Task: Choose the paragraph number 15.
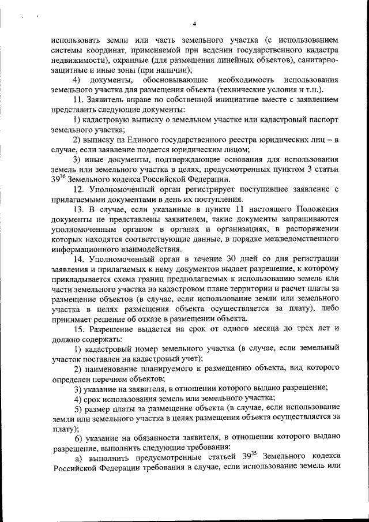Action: pos(80,328)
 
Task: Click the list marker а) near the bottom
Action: pos(79,457)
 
